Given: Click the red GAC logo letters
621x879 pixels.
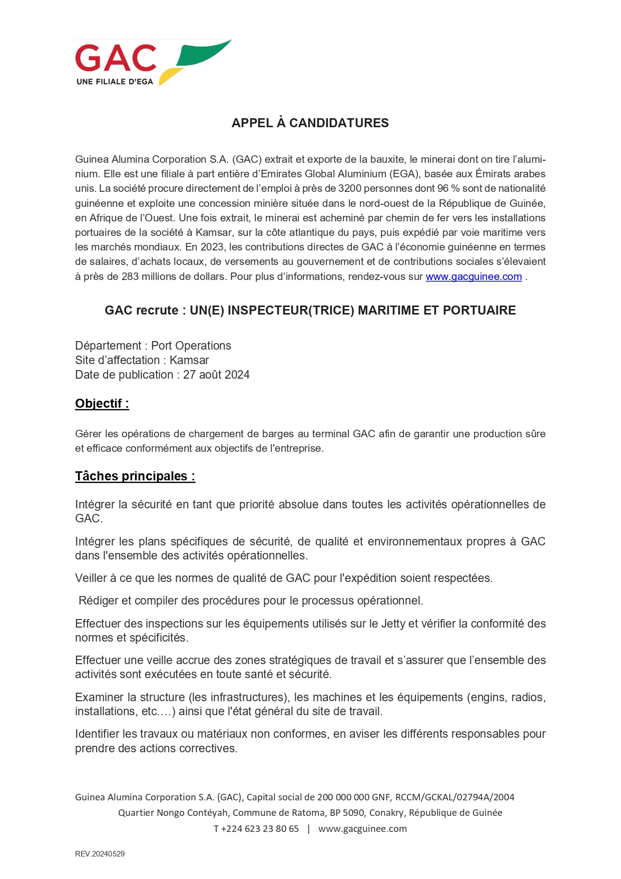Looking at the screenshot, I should pos(116,58).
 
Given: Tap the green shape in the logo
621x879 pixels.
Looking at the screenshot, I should pos(202,53).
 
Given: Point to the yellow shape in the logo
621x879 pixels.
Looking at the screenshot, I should pos(169,76).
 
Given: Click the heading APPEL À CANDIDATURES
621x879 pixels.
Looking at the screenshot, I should pos(310,123).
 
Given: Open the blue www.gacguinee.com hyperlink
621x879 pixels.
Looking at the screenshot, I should pos(473,276).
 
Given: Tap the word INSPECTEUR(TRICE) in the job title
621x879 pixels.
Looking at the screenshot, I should pos(291,311).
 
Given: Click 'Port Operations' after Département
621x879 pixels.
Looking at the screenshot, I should pos(191,346).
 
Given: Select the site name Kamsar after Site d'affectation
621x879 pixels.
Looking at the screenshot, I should pos(189,360).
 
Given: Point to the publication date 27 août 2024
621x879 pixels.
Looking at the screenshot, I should pos(216,375).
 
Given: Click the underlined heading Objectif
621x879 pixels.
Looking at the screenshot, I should pos(102,404).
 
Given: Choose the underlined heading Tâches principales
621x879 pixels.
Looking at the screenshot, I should pos(135,476).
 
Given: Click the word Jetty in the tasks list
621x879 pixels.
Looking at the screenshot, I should pos(393,624).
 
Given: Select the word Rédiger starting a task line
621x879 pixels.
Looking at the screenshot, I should pos(99,601).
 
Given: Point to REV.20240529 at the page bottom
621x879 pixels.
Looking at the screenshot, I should pos(100,854).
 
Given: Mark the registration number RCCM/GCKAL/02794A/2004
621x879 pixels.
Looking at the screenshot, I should pos(454,797).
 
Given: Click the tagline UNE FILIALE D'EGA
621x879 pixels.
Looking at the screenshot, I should pos(115,82).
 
